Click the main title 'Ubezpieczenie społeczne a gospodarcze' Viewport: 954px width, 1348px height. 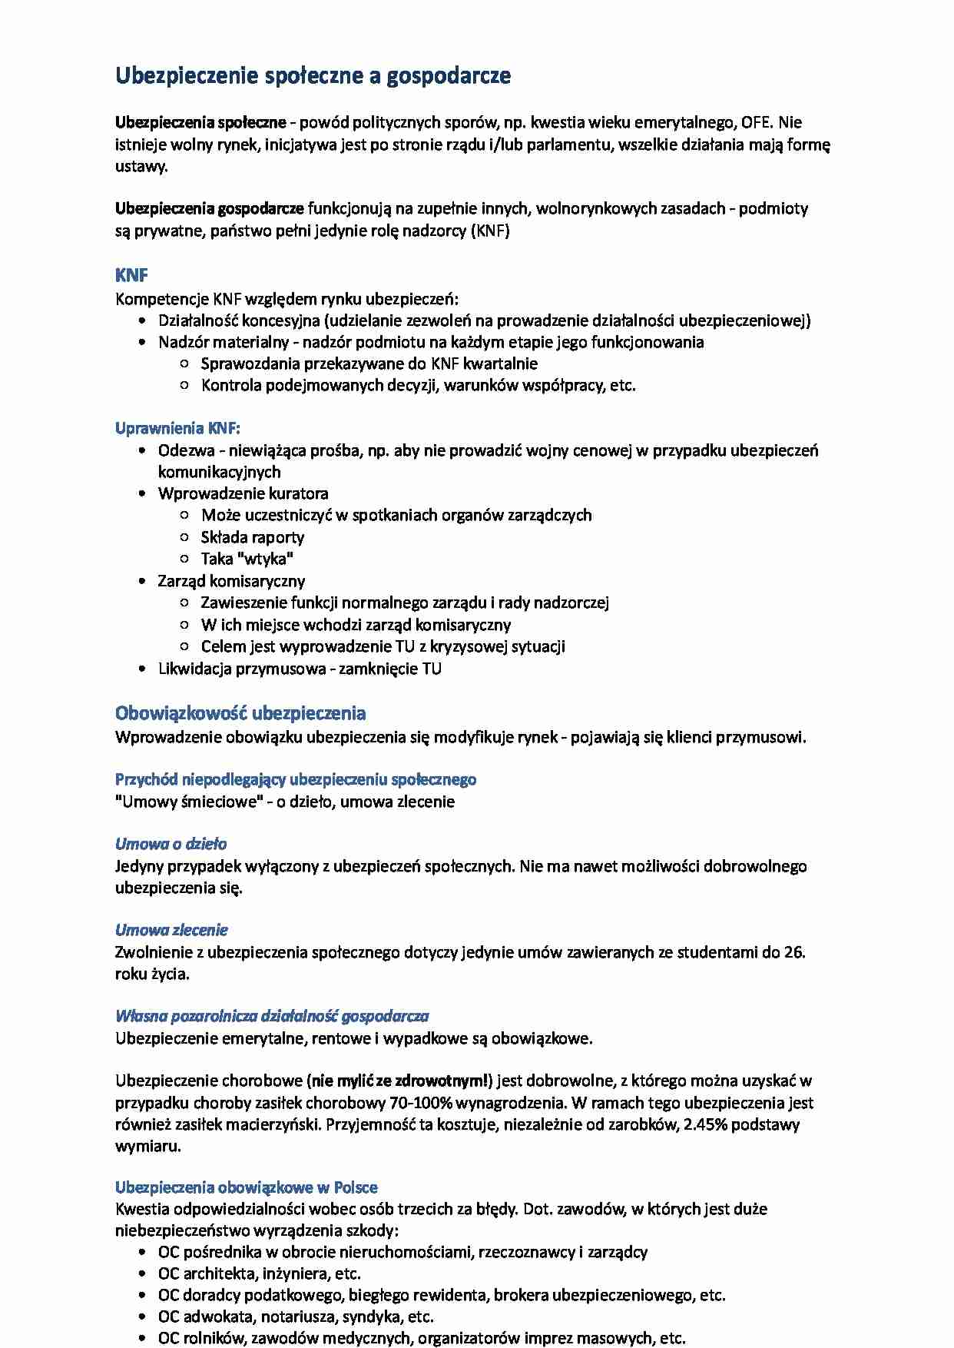click(313, 76)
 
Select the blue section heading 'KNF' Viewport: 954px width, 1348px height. click(131, 275)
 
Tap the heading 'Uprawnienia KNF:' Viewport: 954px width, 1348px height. click(177, 428)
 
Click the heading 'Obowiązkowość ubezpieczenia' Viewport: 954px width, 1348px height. click(240, 713)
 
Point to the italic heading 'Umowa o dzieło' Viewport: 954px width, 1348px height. click(171, 844)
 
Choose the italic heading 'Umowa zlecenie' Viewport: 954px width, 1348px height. click(171, 930)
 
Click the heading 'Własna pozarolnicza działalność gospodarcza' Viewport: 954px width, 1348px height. click(272, 1016)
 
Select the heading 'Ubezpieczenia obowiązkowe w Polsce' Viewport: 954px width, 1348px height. click(246, 1187)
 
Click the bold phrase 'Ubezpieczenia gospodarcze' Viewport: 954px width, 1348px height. click(209, 208)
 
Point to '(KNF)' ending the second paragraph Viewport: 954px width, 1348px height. click(490, 231)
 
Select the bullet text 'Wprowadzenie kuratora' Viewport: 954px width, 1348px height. click(243, 493)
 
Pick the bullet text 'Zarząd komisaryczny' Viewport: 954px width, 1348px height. click(231, 581)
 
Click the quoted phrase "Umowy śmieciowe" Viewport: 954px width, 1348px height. click(189, 802)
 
